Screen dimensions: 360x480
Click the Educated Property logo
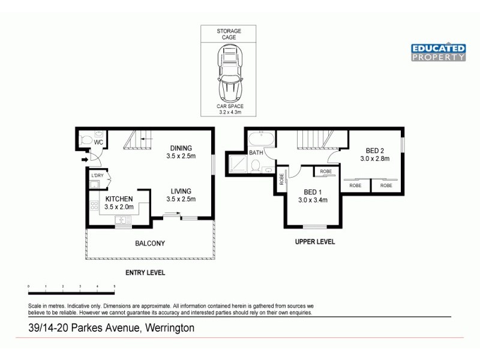(x=439, y=52)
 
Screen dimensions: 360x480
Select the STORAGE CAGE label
(x=229, y=34)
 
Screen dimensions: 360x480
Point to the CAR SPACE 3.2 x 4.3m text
(x=229, y=109)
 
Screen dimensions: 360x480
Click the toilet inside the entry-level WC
(x=85, y=140)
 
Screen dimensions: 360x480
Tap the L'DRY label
(x=97, y=175)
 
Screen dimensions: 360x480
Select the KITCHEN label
(x=119, y=199)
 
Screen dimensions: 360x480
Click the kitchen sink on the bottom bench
(x=123, y=220)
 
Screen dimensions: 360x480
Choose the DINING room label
(x=181, y=149)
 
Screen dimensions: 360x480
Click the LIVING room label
(x=181, y=192)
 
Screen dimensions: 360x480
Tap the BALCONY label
(x=149, y=243)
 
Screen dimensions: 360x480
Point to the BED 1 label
(x=313, y=193)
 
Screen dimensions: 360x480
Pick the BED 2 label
(x=375, y=151)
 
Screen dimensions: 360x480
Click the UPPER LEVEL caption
(x=314, y=242)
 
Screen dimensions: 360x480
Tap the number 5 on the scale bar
(x=114, y=287)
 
